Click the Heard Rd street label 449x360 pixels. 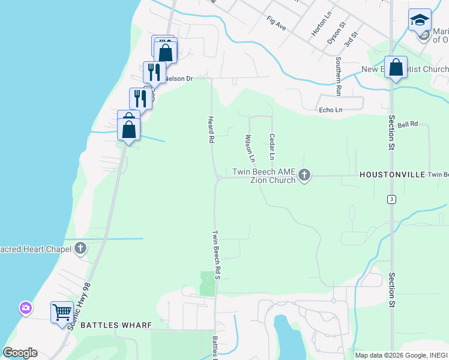[211, 129]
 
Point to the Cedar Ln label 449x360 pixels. [272, 146]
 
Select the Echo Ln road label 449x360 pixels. [330, 110]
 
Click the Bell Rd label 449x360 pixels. [408, 124]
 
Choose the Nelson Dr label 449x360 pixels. [178, 79]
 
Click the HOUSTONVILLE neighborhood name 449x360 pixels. [392, 175]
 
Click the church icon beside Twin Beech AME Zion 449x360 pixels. [304, 176]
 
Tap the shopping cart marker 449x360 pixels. [62, 312]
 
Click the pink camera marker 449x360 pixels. [25, 308]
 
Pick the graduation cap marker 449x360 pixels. [420, 20]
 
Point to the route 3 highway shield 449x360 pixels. [391, 199]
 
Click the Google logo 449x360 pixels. [20, 353]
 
